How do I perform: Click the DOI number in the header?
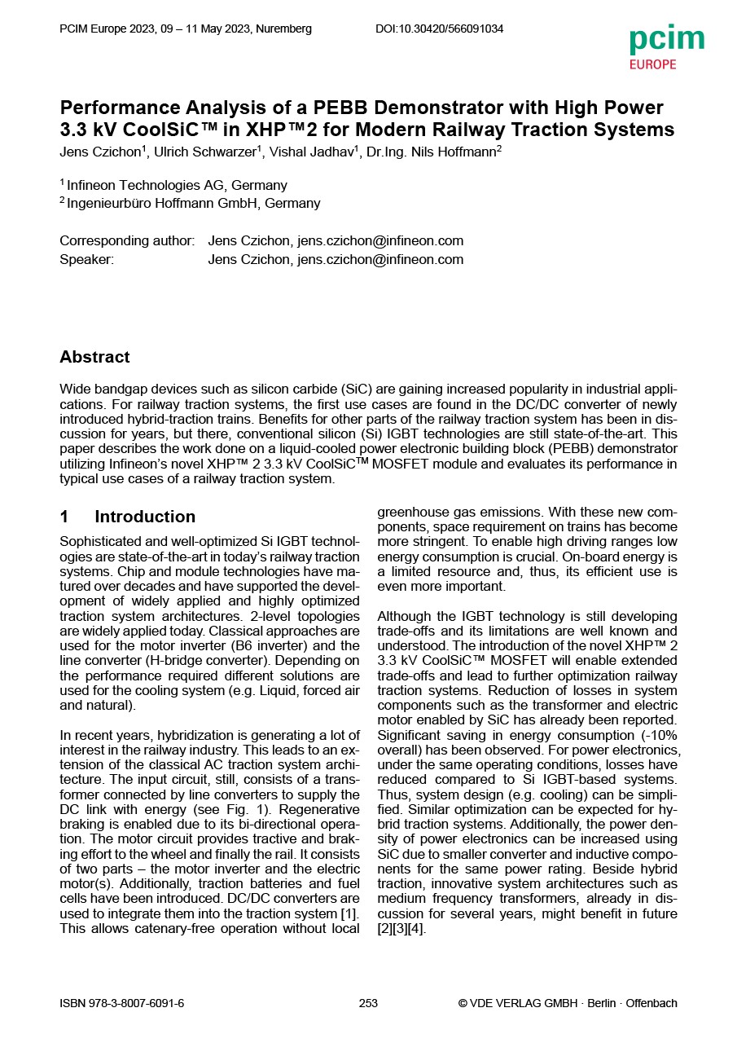(439, 29)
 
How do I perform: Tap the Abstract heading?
(94, 357)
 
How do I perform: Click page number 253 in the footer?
(368, 1003)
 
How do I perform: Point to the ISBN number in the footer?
(122, 1003)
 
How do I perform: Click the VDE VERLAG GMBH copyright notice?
(568, 1003)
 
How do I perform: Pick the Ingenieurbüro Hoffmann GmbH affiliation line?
(193, 203)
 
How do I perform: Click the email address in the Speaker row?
(380, 259)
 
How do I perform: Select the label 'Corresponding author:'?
(127, 240)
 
